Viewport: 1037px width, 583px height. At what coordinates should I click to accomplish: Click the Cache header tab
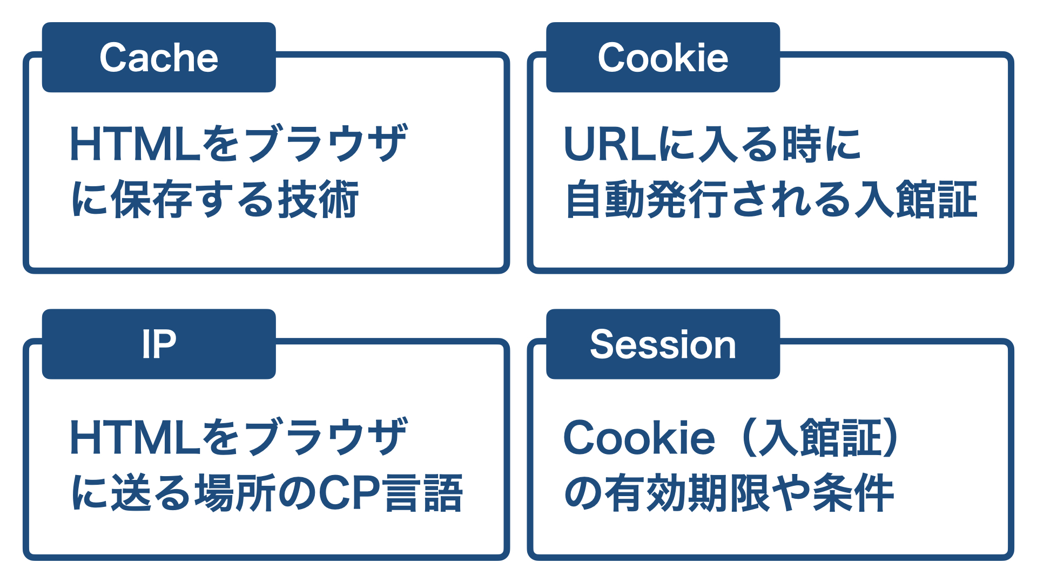(159, 57)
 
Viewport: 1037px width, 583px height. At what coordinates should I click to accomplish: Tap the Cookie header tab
(663, 57)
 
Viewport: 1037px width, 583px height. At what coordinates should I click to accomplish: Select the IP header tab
(159, 344)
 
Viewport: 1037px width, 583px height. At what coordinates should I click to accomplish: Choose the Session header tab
(663, 344)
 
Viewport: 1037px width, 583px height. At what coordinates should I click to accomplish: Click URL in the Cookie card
(610, 144)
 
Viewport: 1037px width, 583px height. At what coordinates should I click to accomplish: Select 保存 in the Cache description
(151, 199)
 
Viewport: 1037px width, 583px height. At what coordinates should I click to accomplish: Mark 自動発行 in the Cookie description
(646, 199)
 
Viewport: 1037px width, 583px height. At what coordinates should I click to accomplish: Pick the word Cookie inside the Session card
(639, 437)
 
